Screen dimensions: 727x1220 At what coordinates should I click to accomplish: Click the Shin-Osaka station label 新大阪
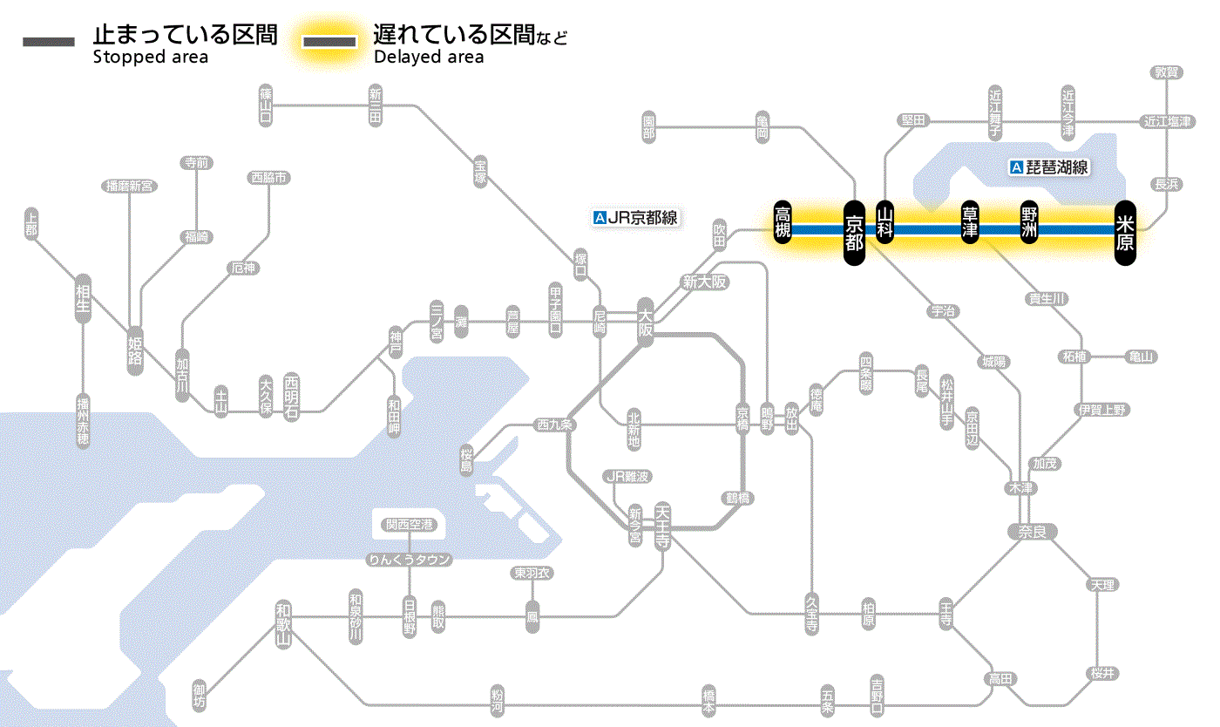(x=704, y=282)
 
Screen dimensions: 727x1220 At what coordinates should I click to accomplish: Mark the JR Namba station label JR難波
(x=627, y=476)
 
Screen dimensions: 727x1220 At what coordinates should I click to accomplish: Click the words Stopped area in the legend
(x=150, y=58)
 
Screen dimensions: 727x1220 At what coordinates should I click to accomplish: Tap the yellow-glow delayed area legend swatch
(x=329, y=42)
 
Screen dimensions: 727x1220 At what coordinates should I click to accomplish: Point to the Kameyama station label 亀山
(x=1141, y=357)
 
